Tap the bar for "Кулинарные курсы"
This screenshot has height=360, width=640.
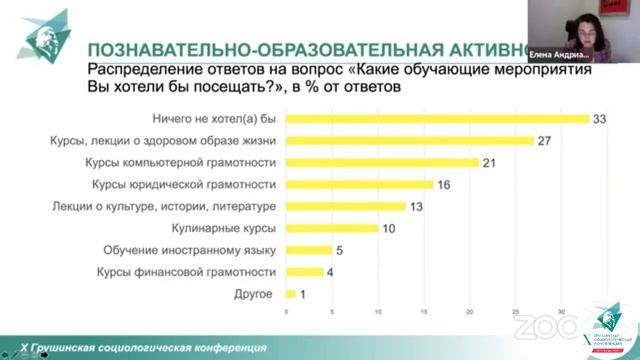[332, 228]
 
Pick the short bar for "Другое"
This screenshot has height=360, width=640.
[291, 293]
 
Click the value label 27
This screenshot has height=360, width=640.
[546, 141]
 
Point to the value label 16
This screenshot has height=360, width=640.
[445, 184]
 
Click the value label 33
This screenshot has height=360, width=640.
[601, 119]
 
